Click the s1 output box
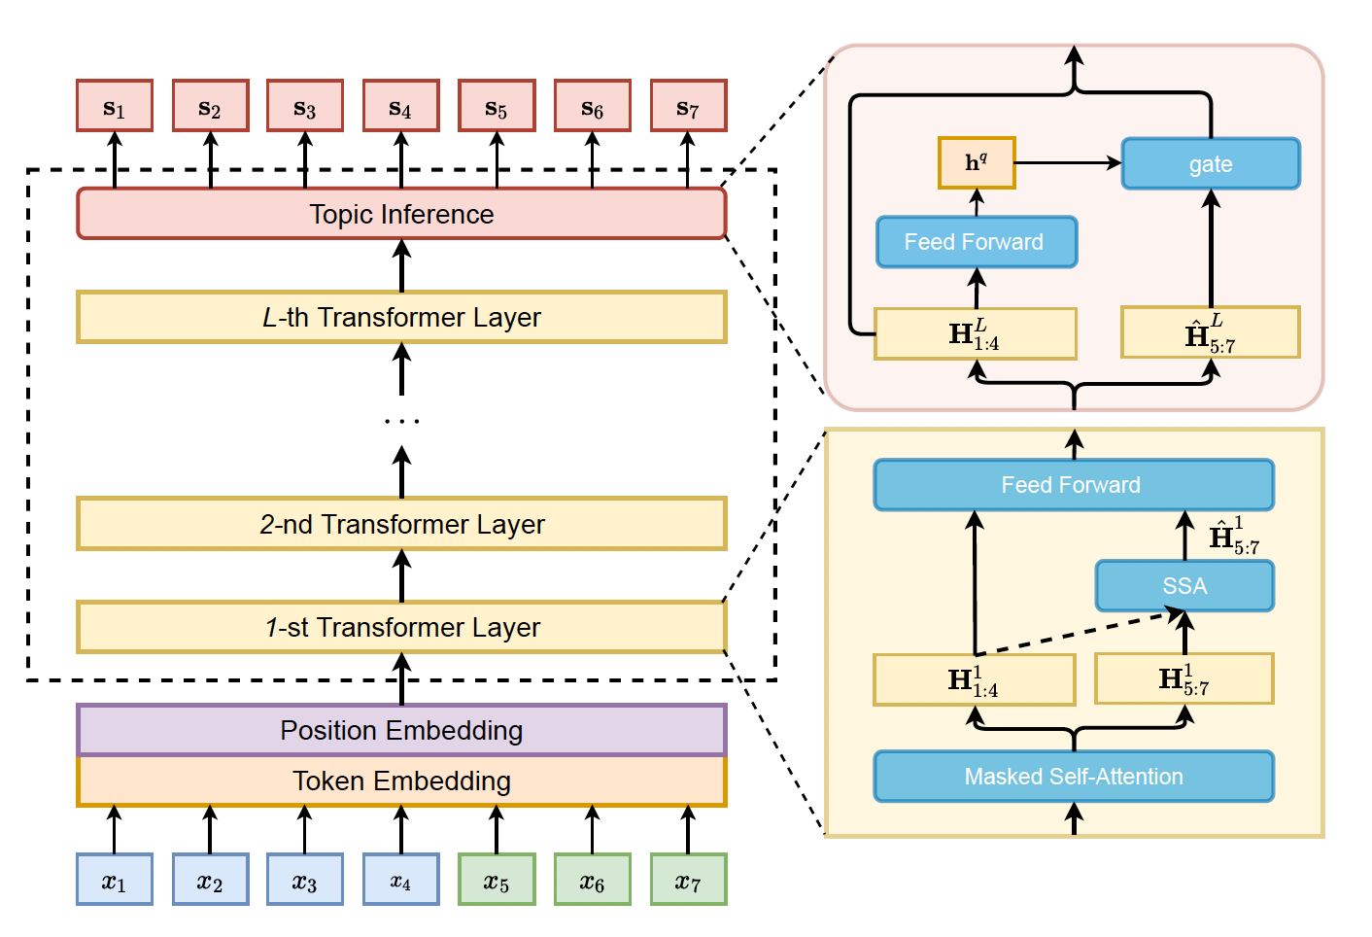pyautogui.click(x=115, y=106)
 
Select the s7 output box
pyautogui.click(x=688, y=106)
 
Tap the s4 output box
pyautogui.click(x=401, y=106)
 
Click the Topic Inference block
pyautogui.click(x=401, y=214)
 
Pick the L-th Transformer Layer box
pyautogui.click(x=401, y=318)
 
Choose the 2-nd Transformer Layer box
pyautogui.click(x=401, y=524)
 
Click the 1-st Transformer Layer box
pyautogui.click(x=401, y=627)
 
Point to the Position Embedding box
pyautogui.click(x=401, y=730)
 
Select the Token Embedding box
pyautogui.click(x=401, y=781)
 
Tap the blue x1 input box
pyautogui.click(x=115, y=880)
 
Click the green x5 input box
pyautogui.click(x=497, y=880)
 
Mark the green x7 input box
pyautogui.click(x=688, y=880)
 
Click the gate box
pyautogui.click(x=1211, y=163)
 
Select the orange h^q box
pyautogui.click(x=977, y=162)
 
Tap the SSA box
pyautogui.click(x=1184, y=585)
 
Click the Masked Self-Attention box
pyautogui.click(x=1074, y=777)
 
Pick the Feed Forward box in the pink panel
pyautogui.click(x=977, y=242)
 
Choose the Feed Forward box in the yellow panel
pyautogui.click(x=1074, y=485)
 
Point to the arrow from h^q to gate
pyautogui.click(x=1068, y=163)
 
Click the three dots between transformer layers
pyautogui.click(x=401, y=421)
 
